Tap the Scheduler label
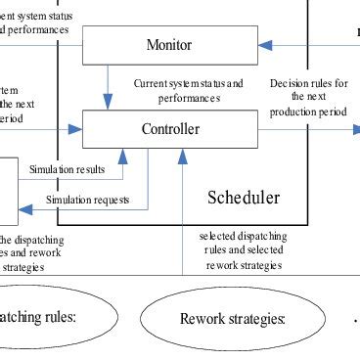[243, 198]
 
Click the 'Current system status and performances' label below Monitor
[188, 91]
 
